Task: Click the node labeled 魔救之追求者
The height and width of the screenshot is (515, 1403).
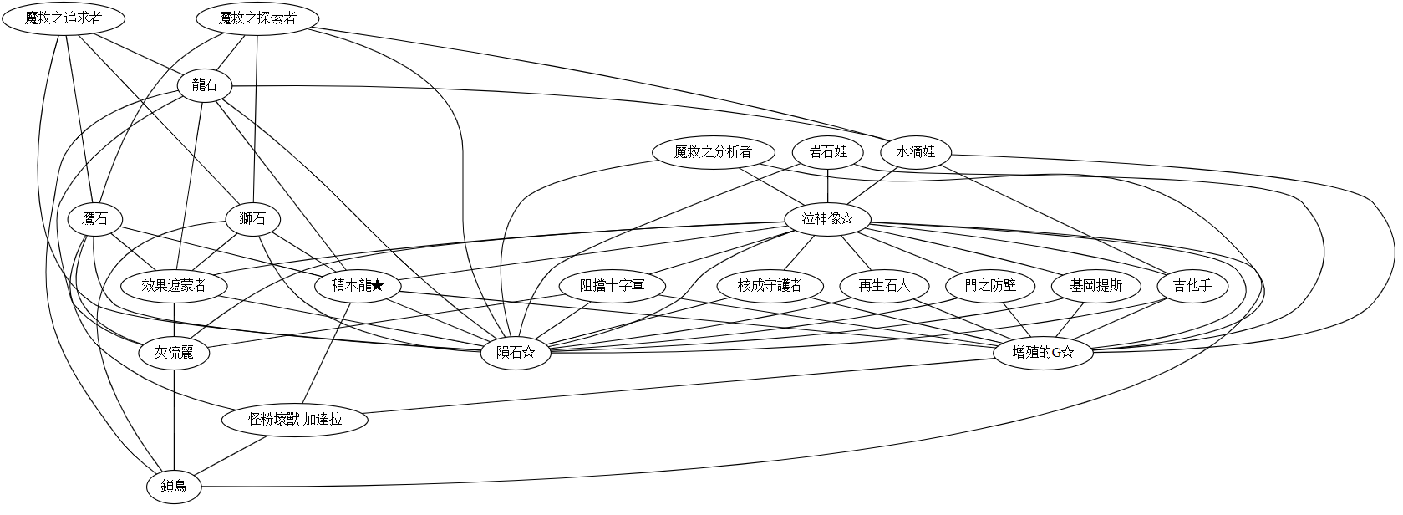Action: [64, 18]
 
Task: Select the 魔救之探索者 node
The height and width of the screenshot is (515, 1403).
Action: [257, 18]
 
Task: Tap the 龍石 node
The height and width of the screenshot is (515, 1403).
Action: [205, 85]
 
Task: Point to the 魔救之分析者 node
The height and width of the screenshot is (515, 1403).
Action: [713, 152]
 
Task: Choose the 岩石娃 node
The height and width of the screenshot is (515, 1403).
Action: [828, 152]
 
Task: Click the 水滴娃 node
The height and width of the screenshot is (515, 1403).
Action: [916, 152]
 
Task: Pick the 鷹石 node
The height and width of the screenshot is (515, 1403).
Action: [95, 219]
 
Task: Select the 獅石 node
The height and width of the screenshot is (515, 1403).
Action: [253, 219]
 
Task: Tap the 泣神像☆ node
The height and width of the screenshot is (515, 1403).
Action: [827, 219]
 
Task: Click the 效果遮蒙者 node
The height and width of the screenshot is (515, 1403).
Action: [174, 286]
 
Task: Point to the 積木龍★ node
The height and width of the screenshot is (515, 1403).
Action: [358, 286]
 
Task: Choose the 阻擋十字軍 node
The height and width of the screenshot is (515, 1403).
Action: [612, 286]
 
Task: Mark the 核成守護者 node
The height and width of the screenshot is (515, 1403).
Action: [770, 286]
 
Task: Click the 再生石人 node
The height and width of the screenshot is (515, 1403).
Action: [883, 286]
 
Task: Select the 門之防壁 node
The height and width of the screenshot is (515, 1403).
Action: [990, 286]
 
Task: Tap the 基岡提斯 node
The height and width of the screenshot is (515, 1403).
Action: [1095, 286]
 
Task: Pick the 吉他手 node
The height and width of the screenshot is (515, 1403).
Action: [1192, 286]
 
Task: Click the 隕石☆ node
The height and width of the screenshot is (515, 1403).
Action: [516, 353]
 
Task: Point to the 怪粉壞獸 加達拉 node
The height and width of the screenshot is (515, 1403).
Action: [295, 420]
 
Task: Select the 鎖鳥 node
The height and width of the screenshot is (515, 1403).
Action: [174, 487]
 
